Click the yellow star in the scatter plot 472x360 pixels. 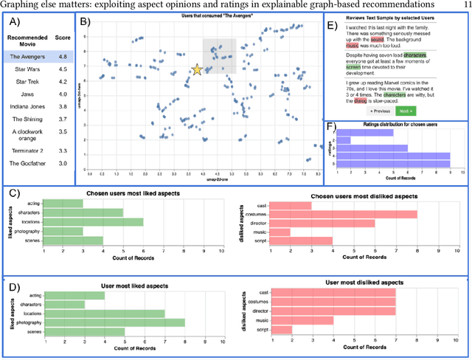197,70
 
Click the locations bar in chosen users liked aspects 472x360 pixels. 94,221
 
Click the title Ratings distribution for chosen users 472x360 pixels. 395,125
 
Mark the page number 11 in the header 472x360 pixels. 462,5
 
